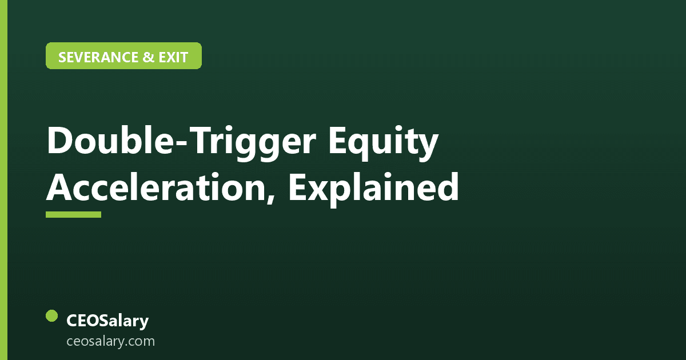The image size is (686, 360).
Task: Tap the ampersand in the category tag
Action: pyautogui.click(x=148, y=57)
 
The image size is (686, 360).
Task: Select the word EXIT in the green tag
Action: pyautogui.click(x=173, y=57)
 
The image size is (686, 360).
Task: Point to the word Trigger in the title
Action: pyautogui.click(x=254, y=142)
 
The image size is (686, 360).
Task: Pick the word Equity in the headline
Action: pyautogui.click(x=384, y=143)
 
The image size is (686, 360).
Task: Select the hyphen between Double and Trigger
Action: pyautogui.click(x=182, y=143)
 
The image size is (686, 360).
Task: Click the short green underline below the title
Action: pyautogui.click(x=74, y=214)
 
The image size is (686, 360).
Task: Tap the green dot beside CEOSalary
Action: pyautogui.click(x=52, y=315)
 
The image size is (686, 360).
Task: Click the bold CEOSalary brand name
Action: pyautogui.click(x=107, y=321)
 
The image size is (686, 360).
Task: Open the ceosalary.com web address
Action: pyautogui.click(x=110, y=341)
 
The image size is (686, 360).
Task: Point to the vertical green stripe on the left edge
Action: pyautogui.click(x=3, y=180)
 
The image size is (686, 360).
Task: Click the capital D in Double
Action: pyautogui.click(x=60, y=141)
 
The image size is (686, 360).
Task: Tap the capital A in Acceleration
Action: pyautogui.click(x=59, y=187)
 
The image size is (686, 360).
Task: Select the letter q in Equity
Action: pyautogui.click(x=363, y=146)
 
